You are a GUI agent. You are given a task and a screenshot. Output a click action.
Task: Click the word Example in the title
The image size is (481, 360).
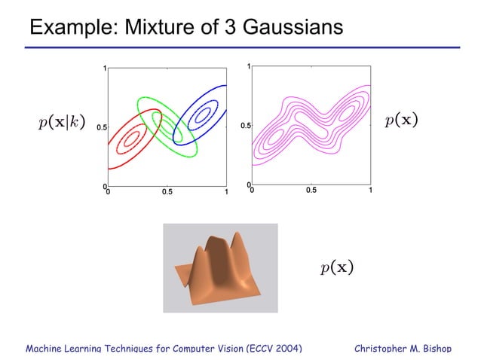coord(64,28)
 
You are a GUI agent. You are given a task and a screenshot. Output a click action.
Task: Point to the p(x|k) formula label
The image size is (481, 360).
coord(66,122)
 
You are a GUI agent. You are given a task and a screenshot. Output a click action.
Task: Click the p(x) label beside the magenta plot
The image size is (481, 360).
coord(401,121)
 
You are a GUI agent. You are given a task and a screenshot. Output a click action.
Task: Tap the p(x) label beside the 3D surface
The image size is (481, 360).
coord(336,267)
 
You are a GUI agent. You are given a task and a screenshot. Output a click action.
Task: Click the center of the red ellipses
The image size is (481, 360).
coord(133,139)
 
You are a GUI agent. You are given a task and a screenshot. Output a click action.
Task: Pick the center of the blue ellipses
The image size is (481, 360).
coord(201,114)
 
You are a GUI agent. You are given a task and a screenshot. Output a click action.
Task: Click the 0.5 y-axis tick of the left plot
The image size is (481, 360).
coord(101,128)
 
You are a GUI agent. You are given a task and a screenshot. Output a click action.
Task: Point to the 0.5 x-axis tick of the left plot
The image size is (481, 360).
coord(167,193)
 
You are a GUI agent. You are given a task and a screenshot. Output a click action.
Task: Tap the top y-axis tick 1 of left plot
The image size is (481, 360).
coord(105,69)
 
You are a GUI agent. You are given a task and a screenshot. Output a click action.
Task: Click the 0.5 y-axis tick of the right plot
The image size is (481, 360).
coord(245,126)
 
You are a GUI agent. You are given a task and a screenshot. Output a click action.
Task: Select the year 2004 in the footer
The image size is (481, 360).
coord(283,349)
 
